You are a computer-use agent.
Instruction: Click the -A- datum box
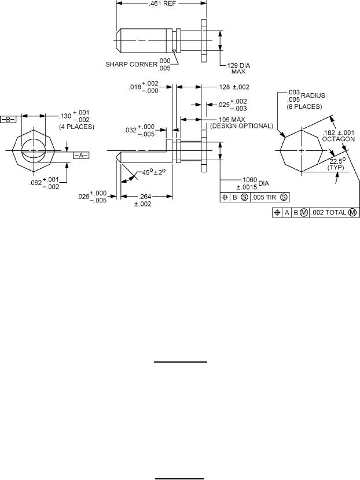[80, 155]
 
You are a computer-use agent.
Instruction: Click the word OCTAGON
[339, 139]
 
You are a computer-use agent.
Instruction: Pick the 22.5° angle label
[335, 161]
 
